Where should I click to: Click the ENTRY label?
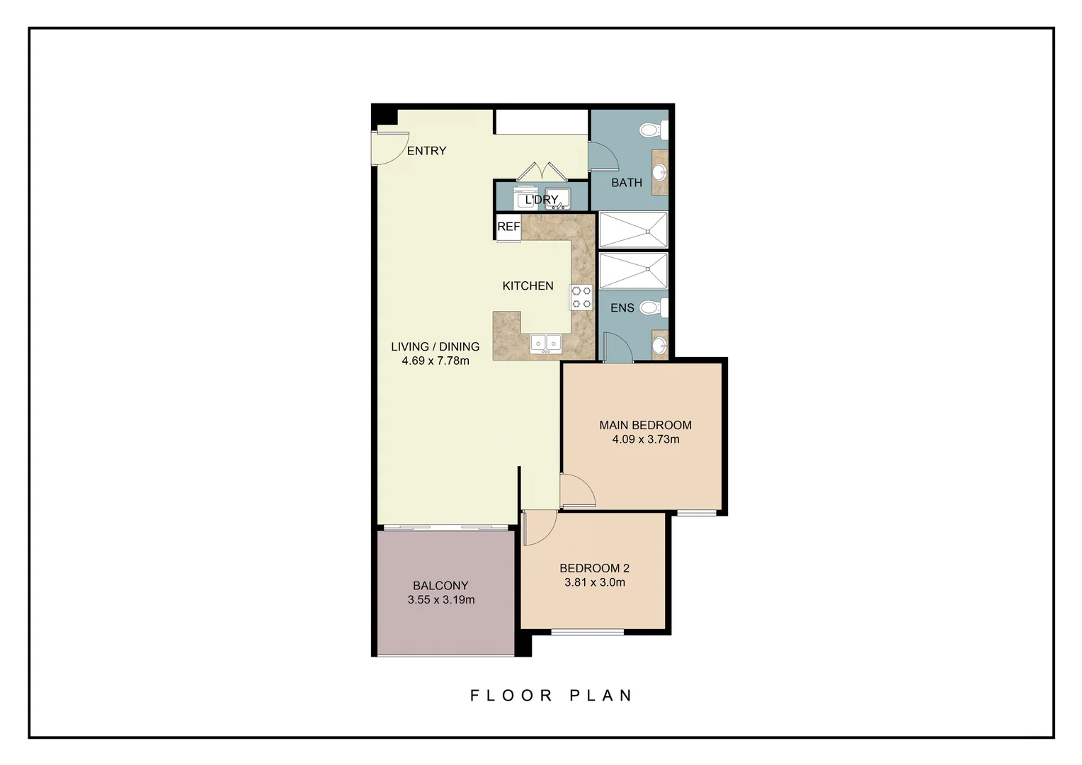[x=426, y=151]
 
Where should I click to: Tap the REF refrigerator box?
[x=508, y=227]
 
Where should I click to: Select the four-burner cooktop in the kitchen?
[x=581, y=297]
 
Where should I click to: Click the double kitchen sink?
[x=546, y=344]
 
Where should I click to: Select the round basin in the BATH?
[x=659, y=172]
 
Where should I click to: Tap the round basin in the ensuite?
[x=659, y=346]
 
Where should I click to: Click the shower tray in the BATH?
[x=633, y=230]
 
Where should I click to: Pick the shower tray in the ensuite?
[x=633, y=271]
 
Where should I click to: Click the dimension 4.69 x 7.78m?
[x=435, y=361]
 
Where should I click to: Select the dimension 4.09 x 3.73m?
[x=646, y=439]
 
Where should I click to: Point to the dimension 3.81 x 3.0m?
[x=594, y=582]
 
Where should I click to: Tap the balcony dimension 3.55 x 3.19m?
[x=441, y=600]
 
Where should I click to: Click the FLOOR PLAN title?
[x=552, y=696]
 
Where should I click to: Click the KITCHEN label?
[x=528, y=286]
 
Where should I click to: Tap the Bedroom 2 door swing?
[x=538, y=529]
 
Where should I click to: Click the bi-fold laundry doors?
[x=541, y=173]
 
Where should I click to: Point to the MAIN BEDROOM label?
[x=645, y=425]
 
